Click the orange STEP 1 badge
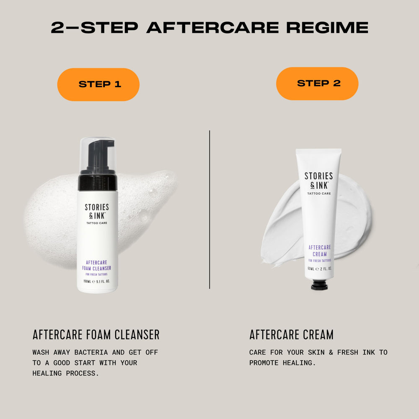pos(98,85)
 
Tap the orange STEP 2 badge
pos(317,84)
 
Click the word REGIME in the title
pos(327,28)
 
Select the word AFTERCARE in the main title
pos(213,28)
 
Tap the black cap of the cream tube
pos(319,285)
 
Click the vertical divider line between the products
pos(209,209)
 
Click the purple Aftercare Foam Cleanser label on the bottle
pos(96,265)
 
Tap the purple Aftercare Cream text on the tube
pos(320,251)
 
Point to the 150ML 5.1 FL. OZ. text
pos(96,282)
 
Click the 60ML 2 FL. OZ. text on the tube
pos(320,269)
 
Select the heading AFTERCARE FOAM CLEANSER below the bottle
pos(96,334)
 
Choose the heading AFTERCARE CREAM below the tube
pos(291,334)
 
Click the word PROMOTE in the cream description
pos(264,363)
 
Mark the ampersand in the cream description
pos(331,352)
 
